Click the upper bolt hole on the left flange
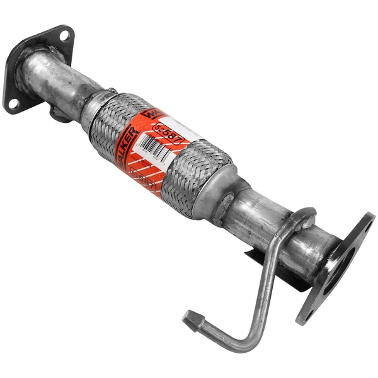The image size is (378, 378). (x=63, y=37)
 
